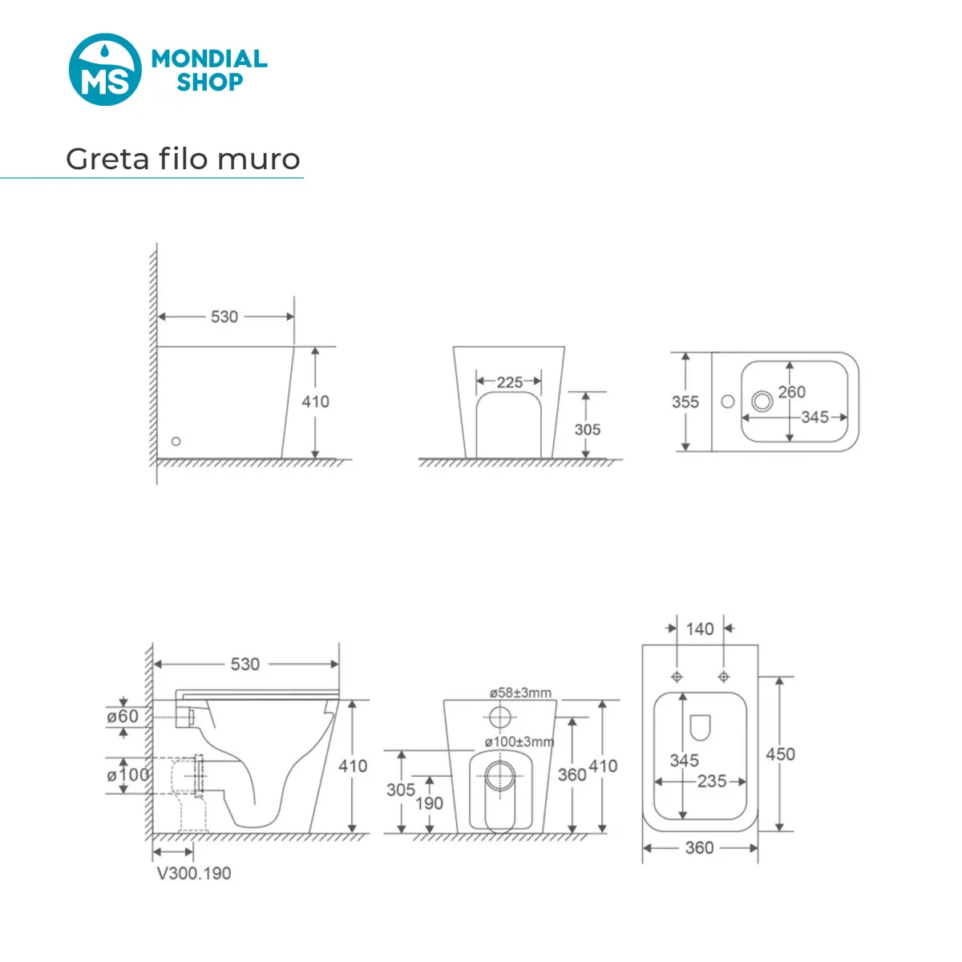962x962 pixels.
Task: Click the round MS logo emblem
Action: [105, 70]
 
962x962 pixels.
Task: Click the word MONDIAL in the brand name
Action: [209, 59]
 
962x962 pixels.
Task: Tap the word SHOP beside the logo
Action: [210, 82]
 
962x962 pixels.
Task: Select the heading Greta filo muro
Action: [183, 160]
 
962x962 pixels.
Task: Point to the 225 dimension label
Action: [509, 382]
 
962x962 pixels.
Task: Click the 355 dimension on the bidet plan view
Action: [685, 402]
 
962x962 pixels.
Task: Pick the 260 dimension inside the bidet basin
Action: [792, 392]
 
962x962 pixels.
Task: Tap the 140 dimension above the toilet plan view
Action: [699, 629]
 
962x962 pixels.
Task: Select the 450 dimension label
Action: [780, 754]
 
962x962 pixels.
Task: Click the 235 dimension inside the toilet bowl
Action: [712, 781]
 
